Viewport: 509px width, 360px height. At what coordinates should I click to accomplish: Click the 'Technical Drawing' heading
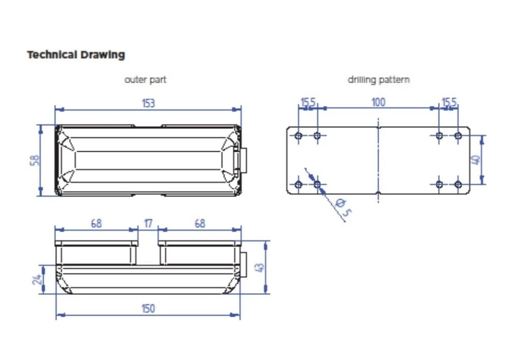(76, 55)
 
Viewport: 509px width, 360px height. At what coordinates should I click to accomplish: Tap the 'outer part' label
(145, 80)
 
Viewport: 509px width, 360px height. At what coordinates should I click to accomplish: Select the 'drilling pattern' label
(378, 80)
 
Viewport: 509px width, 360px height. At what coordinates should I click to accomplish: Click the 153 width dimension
(148, 103)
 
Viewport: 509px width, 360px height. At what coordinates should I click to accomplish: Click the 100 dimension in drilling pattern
(378, 102)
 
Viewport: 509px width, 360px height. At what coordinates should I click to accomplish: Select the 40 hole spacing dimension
(476, 160)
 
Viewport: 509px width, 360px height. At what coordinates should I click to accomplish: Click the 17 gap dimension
(148, 224)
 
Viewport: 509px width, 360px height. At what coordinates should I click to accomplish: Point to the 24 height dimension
(37, 280)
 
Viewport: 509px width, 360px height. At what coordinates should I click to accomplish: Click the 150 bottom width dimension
(148, 309)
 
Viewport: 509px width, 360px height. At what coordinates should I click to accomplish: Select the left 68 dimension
(96, 224)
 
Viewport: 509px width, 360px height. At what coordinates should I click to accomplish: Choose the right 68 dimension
(200, 224)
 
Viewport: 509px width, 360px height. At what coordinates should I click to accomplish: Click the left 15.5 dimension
(308, 103)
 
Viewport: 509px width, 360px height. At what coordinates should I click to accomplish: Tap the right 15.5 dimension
(449, 103)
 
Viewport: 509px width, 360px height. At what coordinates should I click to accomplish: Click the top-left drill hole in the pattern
(299, 135)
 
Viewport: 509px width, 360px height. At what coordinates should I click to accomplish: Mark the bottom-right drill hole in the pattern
(458, 184)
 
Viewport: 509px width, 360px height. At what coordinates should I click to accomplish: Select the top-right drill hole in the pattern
(458, 135)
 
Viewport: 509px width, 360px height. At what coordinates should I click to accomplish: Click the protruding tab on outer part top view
(244, 160)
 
